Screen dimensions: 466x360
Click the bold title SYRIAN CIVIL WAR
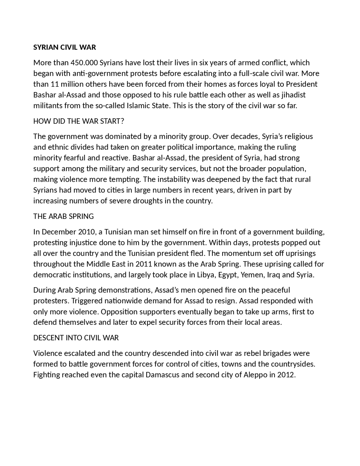(64, 47)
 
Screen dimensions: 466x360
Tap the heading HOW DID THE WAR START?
(78, 121)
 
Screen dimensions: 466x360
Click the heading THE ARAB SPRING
(63, 216)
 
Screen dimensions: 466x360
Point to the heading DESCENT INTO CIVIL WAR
(76, 338)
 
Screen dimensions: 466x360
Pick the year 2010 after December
(87, 232)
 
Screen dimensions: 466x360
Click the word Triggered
(87, 301)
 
